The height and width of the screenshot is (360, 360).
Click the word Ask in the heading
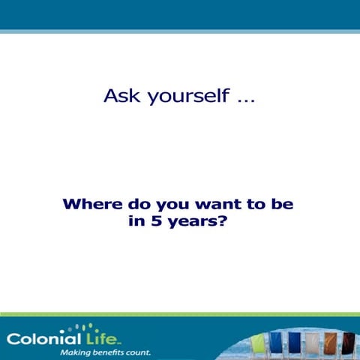point(121,97)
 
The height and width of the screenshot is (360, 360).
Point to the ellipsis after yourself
point(245,101)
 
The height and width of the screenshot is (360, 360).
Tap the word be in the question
point(283,204)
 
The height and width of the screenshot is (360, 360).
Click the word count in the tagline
point(140,351)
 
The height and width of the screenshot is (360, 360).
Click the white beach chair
point(312,344)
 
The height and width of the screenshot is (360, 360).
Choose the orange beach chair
point(331,344)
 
